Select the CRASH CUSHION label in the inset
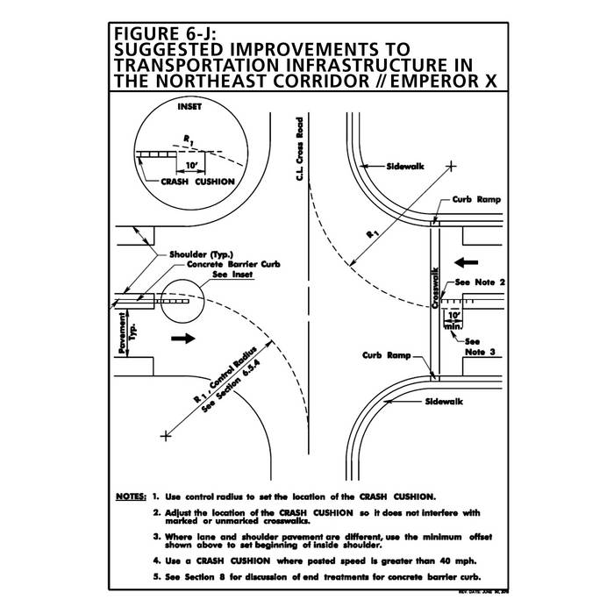[197, 182]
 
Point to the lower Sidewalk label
[443, 401]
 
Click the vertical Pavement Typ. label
[123, 332]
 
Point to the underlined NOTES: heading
[132, 496]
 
